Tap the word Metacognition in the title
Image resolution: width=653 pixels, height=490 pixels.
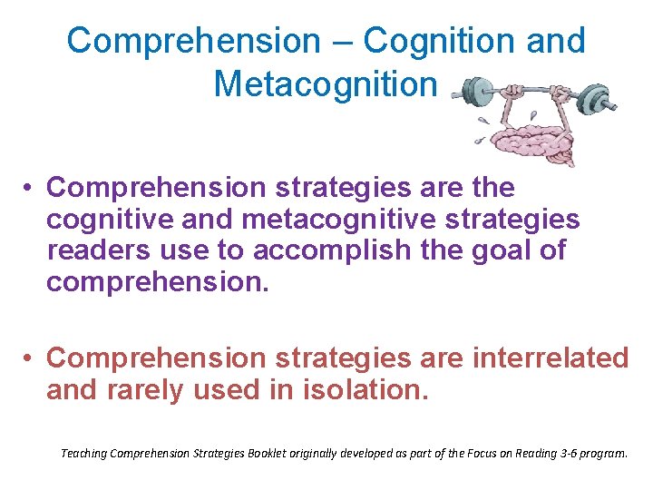[x=326, y=83]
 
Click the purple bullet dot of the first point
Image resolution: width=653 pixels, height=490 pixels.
[x=30, y=189]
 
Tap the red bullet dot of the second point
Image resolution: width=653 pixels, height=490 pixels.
[x=30, y=359]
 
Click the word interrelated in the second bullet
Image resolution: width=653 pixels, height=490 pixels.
[x=550, y=358]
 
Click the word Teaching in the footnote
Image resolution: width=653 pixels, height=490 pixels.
[x=83, y=451]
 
